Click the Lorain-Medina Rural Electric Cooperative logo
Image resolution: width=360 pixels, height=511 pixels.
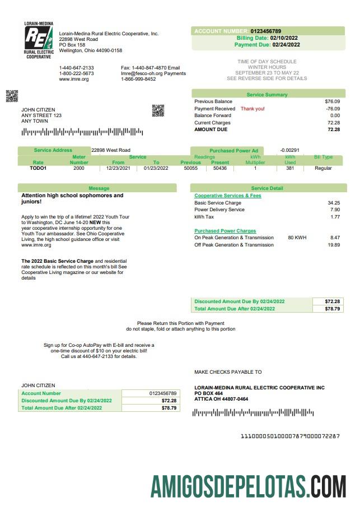click(38, 40)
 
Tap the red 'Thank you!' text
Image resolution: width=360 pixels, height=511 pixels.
click(253, 109)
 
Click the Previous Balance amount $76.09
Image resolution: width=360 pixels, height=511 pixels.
click(332, 101)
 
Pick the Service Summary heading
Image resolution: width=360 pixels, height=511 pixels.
click(267, 95)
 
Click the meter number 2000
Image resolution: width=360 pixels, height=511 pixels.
click(79, 168)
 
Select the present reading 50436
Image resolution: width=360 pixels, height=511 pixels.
click(220, 168)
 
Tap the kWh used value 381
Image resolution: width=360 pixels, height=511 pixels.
click(290, 168)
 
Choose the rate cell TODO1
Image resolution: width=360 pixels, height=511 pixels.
click(38, 168)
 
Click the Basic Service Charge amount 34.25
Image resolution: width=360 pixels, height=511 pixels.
click(334, 203)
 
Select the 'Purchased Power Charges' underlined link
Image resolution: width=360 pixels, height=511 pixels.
click(225, 231)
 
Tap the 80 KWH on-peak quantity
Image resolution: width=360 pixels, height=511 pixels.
click(297, 238)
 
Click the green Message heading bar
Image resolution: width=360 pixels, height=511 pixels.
click(99, 188)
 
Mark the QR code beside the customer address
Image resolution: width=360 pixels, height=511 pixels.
click(158, 110)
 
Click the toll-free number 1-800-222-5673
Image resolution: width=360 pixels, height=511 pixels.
click(77, 73)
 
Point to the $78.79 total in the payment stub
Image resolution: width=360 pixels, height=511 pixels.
click(169, 408)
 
